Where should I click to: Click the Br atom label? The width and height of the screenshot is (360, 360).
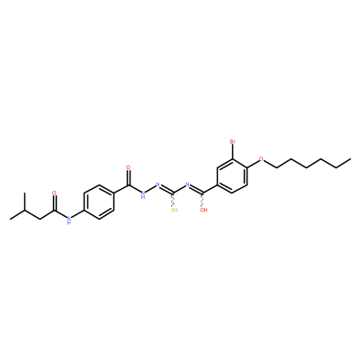click(x=232, y=141)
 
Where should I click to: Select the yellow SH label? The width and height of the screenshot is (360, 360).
click(x=174, y=210)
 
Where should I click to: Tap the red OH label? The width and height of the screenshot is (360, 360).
click(x=203, y=210)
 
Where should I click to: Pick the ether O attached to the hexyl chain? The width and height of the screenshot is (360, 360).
click(x=261, y=158)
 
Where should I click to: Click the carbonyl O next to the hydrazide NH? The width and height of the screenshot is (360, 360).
click(x=129, y=167)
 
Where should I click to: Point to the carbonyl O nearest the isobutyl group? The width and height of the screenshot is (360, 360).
click(x=54, y=193)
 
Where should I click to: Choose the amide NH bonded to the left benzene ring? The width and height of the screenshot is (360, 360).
click(x=69, y=220)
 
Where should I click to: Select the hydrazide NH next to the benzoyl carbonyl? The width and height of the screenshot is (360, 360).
click(x=143, y=194)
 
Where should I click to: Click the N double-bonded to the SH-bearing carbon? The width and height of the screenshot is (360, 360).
click(x=157, y=184)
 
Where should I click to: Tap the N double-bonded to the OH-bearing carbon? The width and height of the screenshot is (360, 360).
click(x=187, y=184)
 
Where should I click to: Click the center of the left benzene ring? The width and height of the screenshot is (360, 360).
click(x=99, y=202)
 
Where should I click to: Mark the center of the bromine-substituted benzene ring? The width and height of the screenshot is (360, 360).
click(x=232, y=175)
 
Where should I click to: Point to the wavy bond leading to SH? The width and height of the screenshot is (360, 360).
click(x=174, y=200)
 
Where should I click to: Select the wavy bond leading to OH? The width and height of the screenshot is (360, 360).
click(x=203, y=200)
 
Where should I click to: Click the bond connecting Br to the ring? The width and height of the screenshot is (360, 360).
click(x=232, y=152)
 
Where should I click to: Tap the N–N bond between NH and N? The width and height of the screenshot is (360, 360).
click(x=150, y=188)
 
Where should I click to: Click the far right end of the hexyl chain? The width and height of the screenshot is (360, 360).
click(x=350, y=158)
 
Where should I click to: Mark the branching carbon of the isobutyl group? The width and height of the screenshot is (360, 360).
click(x=25, y=210)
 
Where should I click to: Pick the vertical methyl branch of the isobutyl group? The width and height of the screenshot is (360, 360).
click(x=25, y=202)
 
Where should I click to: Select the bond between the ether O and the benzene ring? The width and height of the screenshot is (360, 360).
click(x=253, y=163)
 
